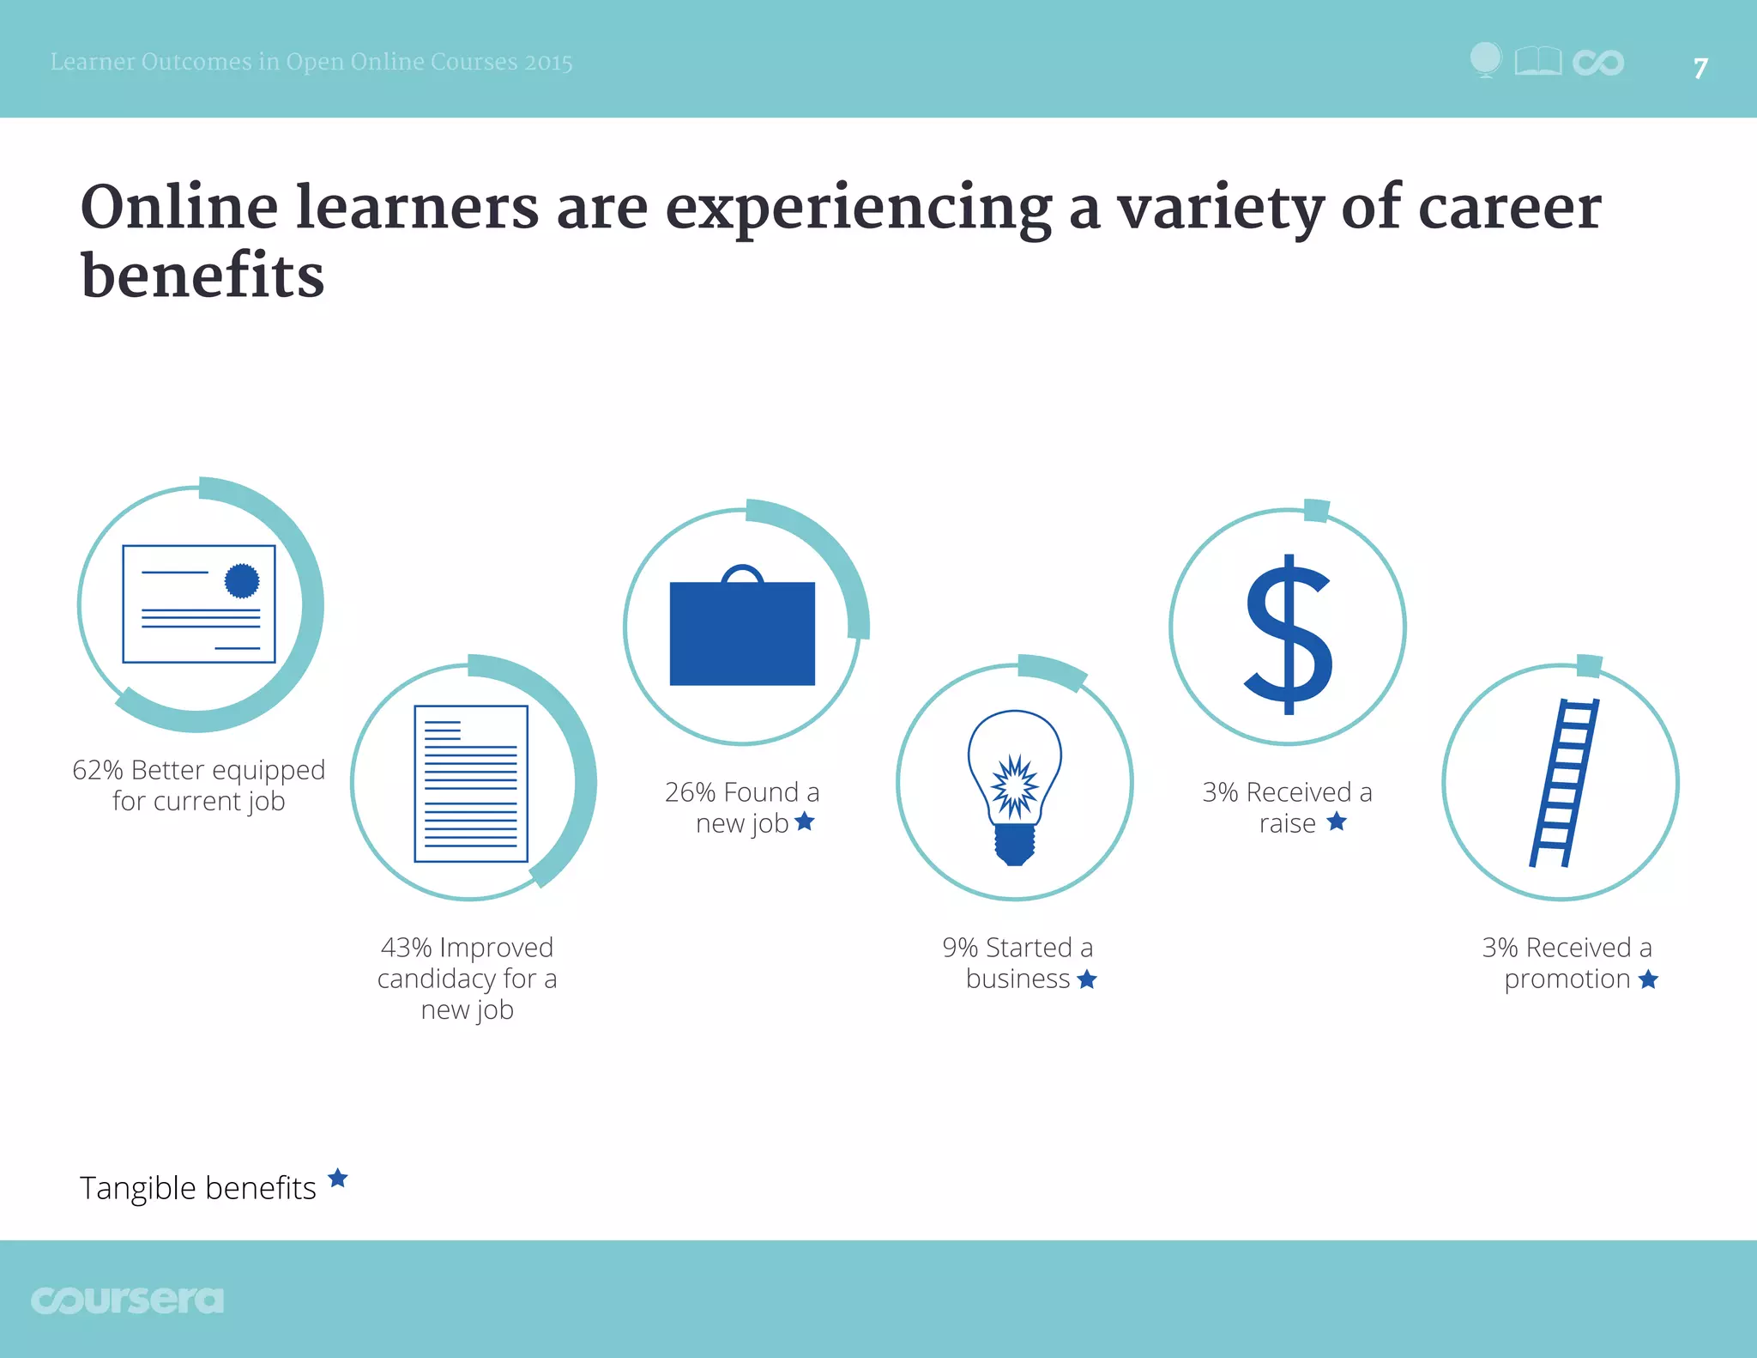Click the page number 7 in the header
(1700, 68)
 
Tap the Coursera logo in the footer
(127, 1300)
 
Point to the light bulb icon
(1015, 785)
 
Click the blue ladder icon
(1564, 783)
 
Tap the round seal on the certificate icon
(242, 581)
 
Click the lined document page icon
(470, 783)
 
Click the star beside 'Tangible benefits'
(338, 1178)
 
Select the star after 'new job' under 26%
(805, 821)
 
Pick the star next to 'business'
(1087, 979)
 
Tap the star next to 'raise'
(1337, 821)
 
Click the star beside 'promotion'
(1648, 979)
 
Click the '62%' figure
(98, 770)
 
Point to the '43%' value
(406, 948)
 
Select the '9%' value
(960, 948)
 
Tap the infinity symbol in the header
(1598, 63)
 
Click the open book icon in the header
(1537, 62)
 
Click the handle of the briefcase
(742, 573)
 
